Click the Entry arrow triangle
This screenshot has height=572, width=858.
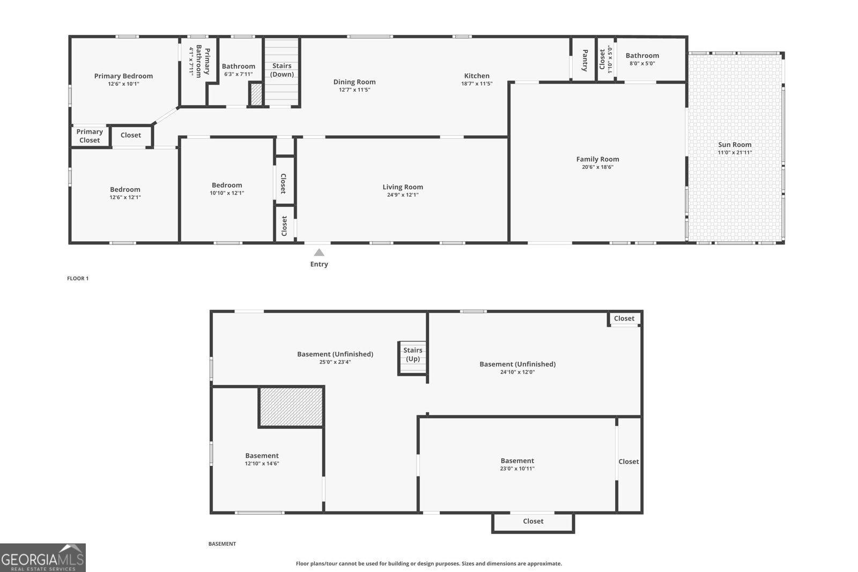[x=319, y=252]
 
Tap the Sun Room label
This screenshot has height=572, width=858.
[x=735, y=144]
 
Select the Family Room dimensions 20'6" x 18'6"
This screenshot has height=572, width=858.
[x=597, y=167]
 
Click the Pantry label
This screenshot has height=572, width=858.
[x=585, y=60]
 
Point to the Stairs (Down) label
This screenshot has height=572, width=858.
[x=282, y=70]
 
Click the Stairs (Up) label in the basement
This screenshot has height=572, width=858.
[x=412, y=354]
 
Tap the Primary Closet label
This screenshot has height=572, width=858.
[x=90, y=136]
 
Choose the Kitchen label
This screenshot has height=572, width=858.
[x=477, y=76]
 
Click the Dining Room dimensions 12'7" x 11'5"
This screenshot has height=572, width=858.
[x=354, y=90]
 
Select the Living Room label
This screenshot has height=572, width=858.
[x=403, y=187]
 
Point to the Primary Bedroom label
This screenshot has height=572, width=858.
[x=123, y=76]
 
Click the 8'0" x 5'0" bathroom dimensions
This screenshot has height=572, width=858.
[x=642, y=63]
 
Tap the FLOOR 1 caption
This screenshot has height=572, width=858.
[x=78, y=278]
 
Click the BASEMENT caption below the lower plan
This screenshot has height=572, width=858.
[x=222, y=544]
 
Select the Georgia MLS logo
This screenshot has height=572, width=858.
[x=43, y=558]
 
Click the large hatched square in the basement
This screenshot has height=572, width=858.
[x=291, y=407]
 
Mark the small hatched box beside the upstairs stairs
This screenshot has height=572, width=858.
[x=256, y=94]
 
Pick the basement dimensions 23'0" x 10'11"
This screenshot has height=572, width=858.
[x=517, y=469]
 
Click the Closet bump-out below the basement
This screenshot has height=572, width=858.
[x=533, y=521]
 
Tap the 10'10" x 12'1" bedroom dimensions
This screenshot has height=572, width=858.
[x=227, y=193]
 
